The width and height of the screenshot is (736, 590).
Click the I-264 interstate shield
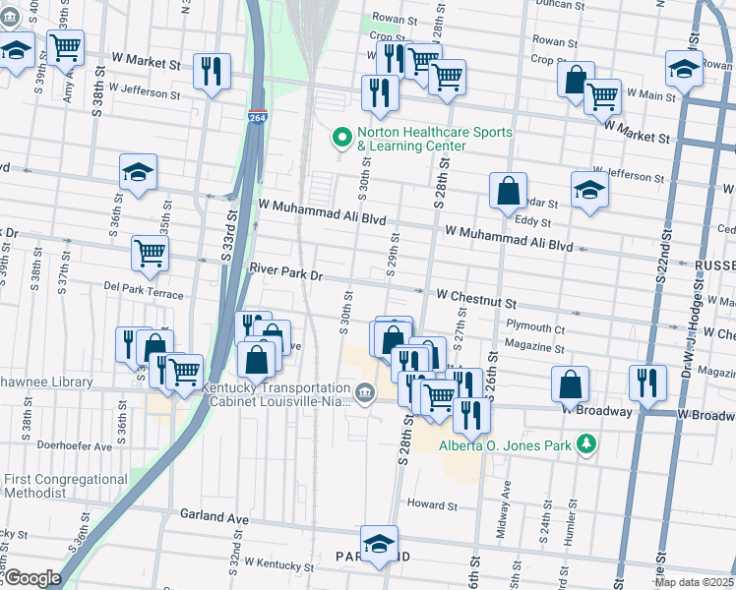(257, 116)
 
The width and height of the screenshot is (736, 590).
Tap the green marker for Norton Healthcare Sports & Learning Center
(343, 138)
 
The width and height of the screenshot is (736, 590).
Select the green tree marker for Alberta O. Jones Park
(586, 444)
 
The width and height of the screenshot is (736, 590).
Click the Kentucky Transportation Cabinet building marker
(364, 394)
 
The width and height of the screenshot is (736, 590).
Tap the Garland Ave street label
(214, 515)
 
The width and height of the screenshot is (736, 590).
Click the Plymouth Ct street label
(534, 329)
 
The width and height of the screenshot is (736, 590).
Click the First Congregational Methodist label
(65, 485)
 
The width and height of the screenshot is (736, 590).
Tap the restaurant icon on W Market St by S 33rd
(212, 71)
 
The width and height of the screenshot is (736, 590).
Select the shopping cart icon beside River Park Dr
(151, 253)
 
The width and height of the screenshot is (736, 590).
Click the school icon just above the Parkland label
(379, 543)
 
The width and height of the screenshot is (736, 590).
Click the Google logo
(31, 578)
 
